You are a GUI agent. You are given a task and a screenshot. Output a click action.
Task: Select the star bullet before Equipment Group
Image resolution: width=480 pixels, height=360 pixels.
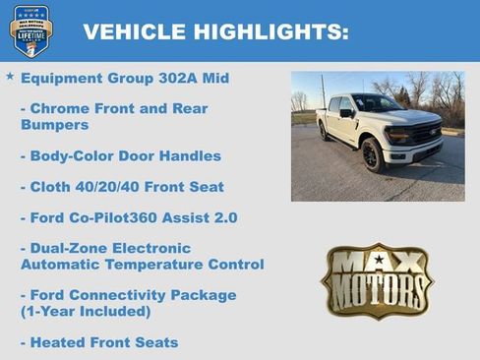click(x=10, y=76)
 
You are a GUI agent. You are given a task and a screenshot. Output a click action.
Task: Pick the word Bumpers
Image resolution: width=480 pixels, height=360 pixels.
click(x=54, y=125)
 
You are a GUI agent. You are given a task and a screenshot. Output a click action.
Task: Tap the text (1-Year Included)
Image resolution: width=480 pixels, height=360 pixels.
click(x=86, y=311)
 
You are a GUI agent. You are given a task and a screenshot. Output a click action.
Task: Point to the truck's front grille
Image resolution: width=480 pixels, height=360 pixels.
click(x=424, y=132)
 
